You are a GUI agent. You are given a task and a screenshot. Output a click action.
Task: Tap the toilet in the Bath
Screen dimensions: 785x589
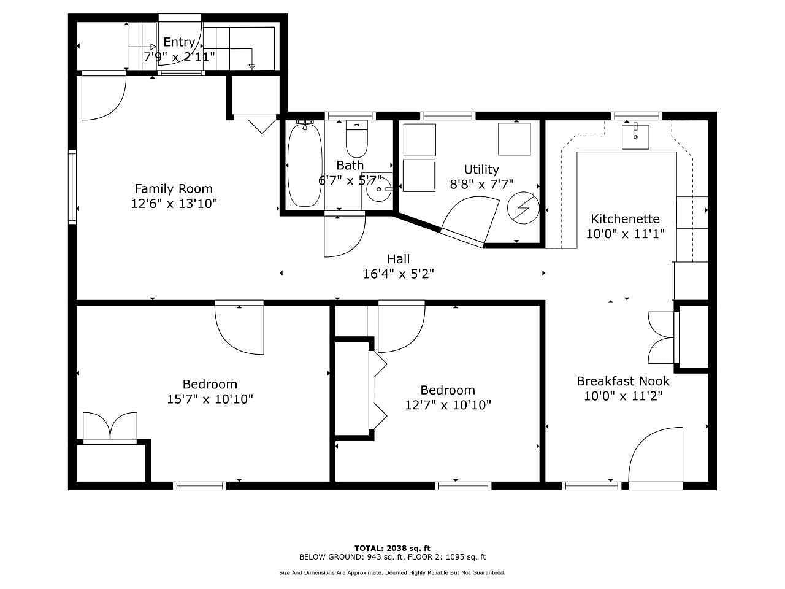pos(356,139)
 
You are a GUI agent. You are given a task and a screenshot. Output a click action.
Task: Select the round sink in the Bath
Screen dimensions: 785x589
pos(378,189)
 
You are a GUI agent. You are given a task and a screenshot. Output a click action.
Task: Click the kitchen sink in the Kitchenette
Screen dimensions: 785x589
pos(635,136)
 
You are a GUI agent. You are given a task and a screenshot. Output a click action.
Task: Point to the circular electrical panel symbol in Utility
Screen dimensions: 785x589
pos(523,208)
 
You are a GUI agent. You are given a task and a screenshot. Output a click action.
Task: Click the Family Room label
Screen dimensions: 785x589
pos(174,188)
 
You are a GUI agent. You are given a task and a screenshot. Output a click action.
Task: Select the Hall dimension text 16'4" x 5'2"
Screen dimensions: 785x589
pos(399,274)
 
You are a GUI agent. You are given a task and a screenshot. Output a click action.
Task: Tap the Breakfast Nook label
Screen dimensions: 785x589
pos(623,381)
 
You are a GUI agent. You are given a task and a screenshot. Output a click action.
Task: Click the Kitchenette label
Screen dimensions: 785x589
pos(625,218)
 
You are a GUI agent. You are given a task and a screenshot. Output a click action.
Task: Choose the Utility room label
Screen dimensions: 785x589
pos(481,169)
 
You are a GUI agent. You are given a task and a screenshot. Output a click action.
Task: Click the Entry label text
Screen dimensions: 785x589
pos(179,42)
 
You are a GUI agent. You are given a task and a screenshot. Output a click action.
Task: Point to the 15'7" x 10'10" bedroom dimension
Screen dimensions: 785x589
pos(210,399)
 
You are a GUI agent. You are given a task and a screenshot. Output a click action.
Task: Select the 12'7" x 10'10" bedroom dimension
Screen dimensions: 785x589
pos(448,405)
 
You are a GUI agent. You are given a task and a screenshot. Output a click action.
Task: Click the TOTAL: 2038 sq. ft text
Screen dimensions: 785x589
pos(392,548)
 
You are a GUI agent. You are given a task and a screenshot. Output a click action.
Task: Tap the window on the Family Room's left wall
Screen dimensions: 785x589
pos(72,187)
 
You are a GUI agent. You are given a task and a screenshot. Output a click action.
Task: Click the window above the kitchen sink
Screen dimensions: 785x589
pos(636,116)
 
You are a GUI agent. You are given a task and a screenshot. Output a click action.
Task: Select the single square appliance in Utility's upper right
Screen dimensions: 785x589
pos(515,139)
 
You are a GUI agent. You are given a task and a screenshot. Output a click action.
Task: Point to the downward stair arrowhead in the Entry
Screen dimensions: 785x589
pos(252,67)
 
